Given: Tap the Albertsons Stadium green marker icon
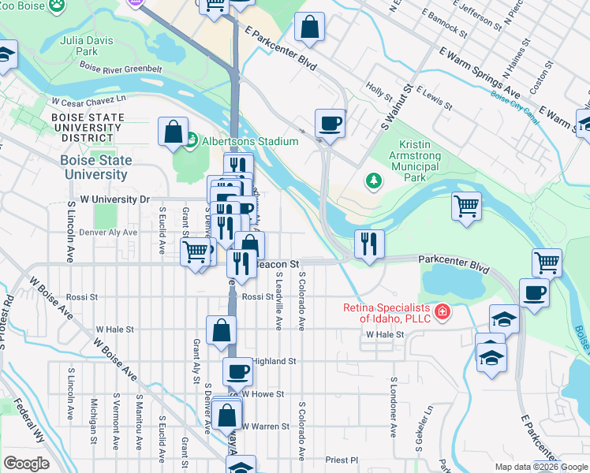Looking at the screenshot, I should [x=190, y=140].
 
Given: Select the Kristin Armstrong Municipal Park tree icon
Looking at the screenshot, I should [x=374, y=181].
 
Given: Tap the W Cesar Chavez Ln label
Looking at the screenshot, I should [x=88, y=101].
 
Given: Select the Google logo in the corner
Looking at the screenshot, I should [x=26, y=463].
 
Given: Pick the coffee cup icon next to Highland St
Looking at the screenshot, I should [x=237, y=371].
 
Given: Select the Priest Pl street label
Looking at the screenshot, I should [x=342, y=460].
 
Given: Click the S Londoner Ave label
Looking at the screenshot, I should [x=392, y=406].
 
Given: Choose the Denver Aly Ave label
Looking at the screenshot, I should [x=108, y=233].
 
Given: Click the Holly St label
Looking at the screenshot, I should [x=379, y=92].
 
